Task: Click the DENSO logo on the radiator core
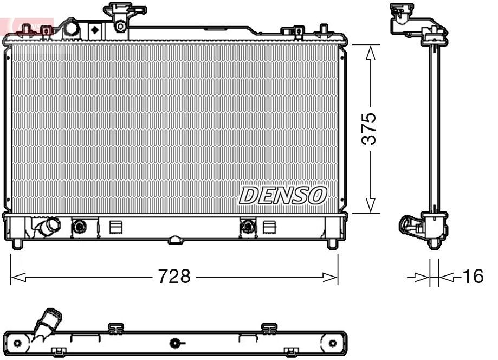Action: [283, 195]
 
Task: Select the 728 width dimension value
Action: [174, 277]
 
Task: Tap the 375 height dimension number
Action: [370, 128]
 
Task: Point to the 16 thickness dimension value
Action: [473, 277]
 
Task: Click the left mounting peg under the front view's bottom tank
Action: [17, 243]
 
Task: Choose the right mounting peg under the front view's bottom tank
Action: [332, 243]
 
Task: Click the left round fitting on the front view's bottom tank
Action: [79, 226]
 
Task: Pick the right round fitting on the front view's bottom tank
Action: [248, 226]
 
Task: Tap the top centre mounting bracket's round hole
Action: [121, 24]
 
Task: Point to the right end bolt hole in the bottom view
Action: [332, 343]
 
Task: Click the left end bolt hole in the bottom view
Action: [17, 343]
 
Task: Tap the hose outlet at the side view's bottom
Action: [408, 226]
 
